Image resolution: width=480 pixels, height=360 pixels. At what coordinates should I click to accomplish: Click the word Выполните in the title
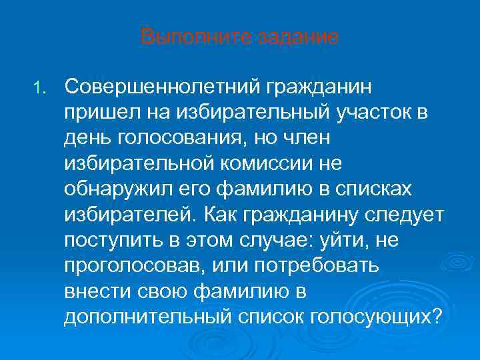[x=181, y=37]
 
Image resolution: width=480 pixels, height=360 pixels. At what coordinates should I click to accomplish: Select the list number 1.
[x=41, y=87]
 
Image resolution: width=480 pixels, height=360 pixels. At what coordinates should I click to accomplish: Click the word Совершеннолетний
[x=162, y=87]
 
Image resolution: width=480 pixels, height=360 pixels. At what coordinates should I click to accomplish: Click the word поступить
[x=107, y=239]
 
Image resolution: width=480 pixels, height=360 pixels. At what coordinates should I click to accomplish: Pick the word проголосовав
[x=135, y=265]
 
